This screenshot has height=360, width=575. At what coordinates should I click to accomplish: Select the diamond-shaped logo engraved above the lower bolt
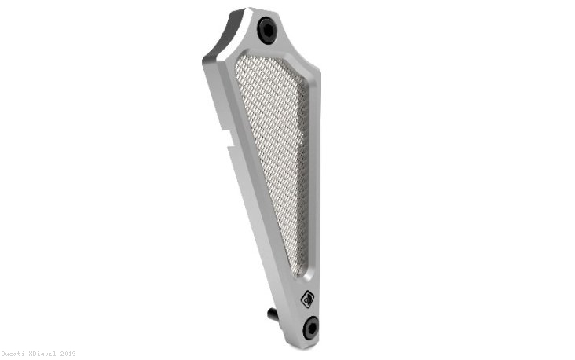(307, 299)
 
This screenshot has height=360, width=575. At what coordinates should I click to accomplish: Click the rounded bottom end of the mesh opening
(297, 272)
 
